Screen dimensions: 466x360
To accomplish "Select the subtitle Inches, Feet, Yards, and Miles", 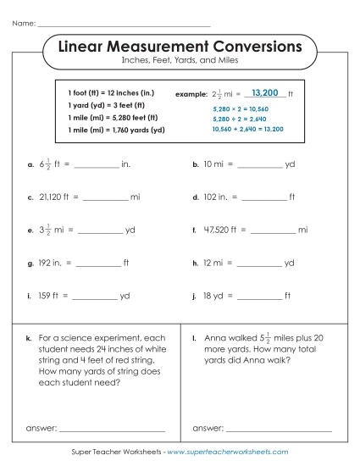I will [x=180, y=62].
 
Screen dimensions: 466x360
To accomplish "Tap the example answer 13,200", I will [x=265, y=92].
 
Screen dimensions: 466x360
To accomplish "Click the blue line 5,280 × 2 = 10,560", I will [x=241, y=109].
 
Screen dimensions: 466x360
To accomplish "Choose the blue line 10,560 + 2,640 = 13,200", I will [x=247, y=129].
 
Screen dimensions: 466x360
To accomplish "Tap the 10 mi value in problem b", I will [x=213, y=164].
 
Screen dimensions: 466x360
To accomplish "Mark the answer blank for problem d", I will [x=263, y=197].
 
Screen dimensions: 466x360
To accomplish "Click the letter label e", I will [x=30, y=230].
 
